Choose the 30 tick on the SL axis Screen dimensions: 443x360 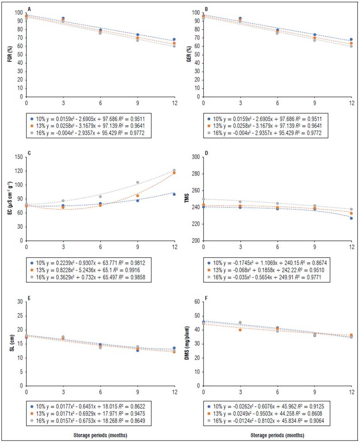coord(19,301)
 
